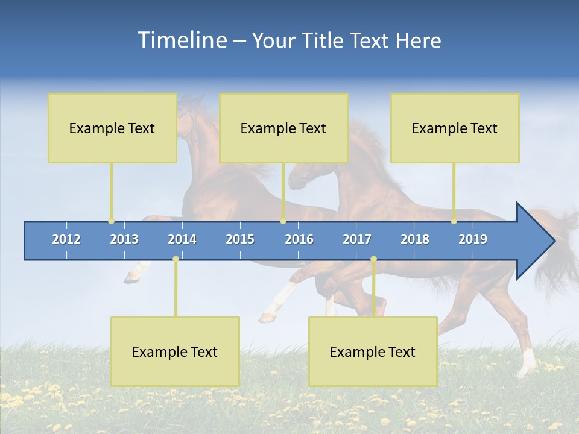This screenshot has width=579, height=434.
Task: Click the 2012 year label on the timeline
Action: pyautogui.click(x=66, y=239)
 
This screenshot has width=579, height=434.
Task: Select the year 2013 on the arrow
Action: pyautogui.click(x=124, y=239)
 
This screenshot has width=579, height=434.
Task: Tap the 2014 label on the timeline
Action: pyautogui.click(x=182, y=239)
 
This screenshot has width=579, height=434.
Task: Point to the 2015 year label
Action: pyautogui.click(x=240, y=239)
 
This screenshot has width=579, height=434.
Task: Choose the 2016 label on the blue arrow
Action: pyautogui.click(x=299, y=239)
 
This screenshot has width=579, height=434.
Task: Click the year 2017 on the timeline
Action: pyautogui.click(x=357, y=239)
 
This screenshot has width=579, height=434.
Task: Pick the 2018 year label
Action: pyautogui.click(x=415, y=239)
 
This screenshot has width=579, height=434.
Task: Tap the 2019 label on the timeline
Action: pyautogui.click(x=473, y=239)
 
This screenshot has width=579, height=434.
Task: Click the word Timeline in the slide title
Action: pyautogui.click(x=181, y=40)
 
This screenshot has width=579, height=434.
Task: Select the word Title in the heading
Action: pyautogui.click(x=323, y=40)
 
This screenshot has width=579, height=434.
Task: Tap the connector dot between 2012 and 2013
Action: pyautogui.click(x=111, y=221)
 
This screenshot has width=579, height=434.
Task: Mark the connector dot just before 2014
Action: pyautogui.click(x=176, y=259)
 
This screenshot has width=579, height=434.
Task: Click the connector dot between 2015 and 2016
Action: pyautogui.click(x=283, y=221)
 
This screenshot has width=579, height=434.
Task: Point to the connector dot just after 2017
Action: pyautogui.click(x=373, y=259)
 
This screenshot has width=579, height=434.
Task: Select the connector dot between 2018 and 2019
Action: pyautogui.click(x=454, y=221)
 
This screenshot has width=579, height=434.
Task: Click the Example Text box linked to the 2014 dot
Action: pyautogui.click(x=175, y=351)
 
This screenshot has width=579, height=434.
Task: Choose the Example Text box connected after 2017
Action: pyautogui.click(x=373, y=351)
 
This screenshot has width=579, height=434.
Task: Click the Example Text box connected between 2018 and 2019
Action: pyautogui.click(x=455, y=128)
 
